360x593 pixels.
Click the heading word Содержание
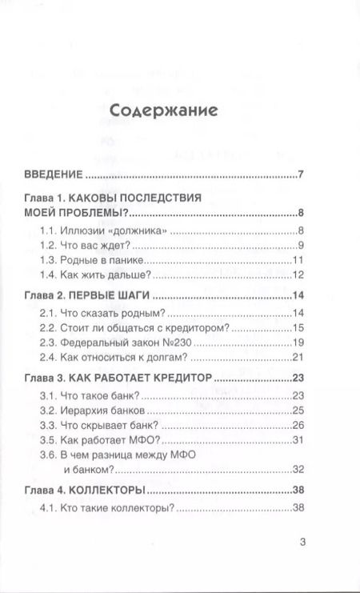[162, 110]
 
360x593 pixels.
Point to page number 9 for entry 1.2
[300, 246]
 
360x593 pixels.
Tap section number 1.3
[49, 261]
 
